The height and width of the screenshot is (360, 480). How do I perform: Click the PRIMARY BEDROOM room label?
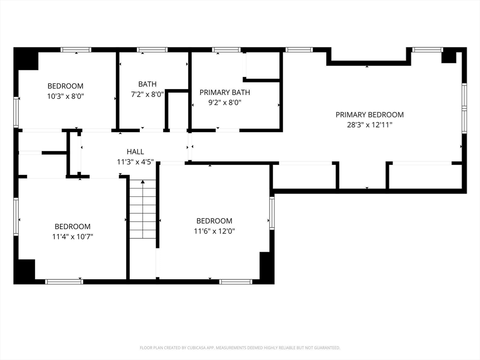pyautogui.click(x=369, y=115)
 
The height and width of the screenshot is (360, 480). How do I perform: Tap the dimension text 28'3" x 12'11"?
pyautogui.click(x=369, y=125)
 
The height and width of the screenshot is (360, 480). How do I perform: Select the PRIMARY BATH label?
pyautogui.click(x=225, y=92)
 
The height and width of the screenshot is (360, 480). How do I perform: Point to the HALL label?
pyautogui.click(x=135, y=152)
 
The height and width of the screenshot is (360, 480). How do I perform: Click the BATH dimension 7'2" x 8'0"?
pyautogui.click(x=148, y=94)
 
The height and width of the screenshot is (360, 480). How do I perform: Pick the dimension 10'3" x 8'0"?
pyautogui.click(x=66, y=97)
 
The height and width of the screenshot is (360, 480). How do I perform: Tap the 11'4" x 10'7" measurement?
pyautogui.click(x=73, y=237)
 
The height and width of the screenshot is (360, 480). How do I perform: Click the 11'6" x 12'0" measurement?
pyautogui.click(x=214, y=231)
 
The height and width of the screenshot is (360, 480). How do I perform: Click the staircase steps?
pyautogui.click(x=142, y=209)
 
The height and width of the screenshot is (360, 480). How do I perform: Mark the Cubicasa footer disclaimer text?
pyautogui.click(x=240, y=348)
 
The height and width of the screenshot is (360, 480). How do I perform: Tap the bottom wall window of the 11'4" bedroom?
pyautogui.click(x=64, y=282)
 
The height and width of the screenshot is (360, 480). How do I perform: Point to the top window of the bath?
pyautogui.click(x=152, y=50)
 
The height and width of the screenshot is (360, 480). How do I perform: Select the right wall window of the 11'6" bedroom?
pyautogui.click(x=272, y=213)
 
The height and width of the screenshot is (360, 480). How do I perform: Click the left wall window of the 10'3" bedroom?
pyautogui.click(x=16, y=112)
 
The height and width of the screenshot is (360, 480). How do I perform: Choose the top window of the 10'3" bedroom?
pyautogui.click(x=76, y=50)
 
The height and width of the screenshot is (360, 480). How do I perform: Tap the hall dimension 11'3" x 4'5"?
pyautogui.click(x=135, y=162)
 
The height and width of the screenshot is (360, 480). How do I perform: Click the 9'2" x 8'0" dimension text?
pyautogui.click(x=225, y=103)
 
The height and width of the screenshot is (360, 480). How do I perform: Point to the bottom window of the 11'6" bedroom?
pyautogui.click(x=236, y=282)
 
